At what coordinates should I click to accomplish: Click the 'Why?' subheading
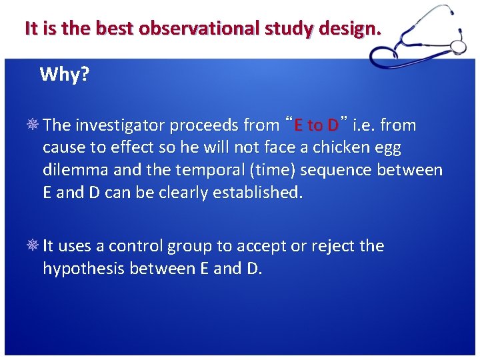click(64, 74)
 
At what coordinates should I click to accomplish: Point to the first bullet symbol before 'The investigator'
click(33, 125)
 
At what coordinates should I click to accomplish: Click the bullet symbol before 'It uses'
click(33, 246)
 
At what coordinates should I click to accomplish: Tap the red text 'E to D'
click(317, 125)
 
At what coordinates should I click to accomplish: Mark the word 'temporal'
click(188, 171)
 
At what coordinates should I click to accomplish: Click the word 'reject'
click(333, 247)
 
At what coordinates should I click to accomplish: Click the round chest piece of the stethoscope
click(458, 45)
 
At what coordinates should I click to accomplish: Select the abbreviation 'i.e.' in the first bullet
click(363, 125)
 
